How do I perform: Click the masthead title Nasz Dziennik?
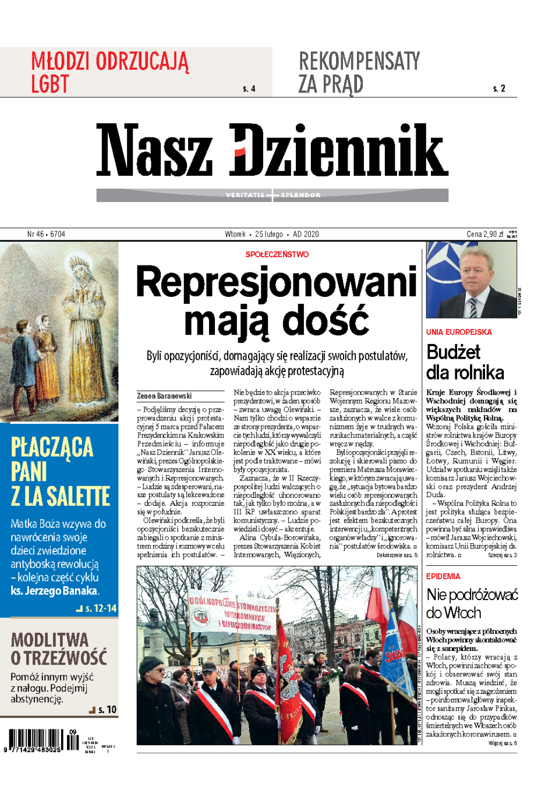[272, 150]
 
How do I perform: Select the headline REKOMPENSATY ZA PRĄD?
[359, 72]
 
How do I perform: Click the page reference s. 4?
[249, 89]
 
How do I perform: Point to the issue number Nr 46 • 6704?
[46, 234]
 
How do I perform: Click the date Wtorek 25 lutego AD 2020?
[272, 234]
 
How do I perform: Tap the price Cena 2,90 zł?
[484, 234]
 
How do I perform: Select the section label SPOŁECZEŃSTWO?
[277, 254]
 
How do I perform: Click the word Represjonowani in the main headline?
[277, 282]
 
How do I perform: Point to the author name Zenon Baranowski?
[164, 396]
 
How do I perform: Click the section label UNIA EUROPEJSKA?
[459, 332]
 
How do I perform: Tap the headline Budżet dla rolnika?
[465, 362]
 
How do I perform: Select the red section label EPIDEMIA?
[443, 576]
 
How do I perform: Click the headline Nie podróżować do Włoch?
[472, 603]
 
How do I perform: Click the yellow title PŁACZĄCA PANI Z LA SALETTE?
[60, 472]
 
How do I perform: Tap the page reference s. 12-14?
[100, 608]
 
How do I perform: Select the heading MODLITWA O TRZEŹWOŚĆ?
[59, 648]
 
